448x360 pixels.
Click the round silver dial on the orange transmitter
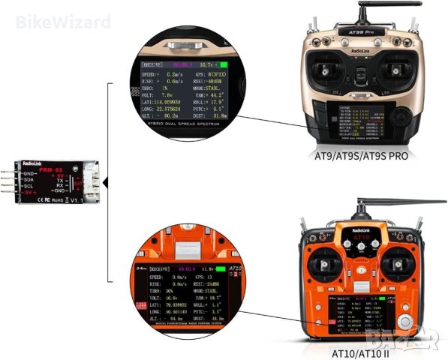coord(405,323)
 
